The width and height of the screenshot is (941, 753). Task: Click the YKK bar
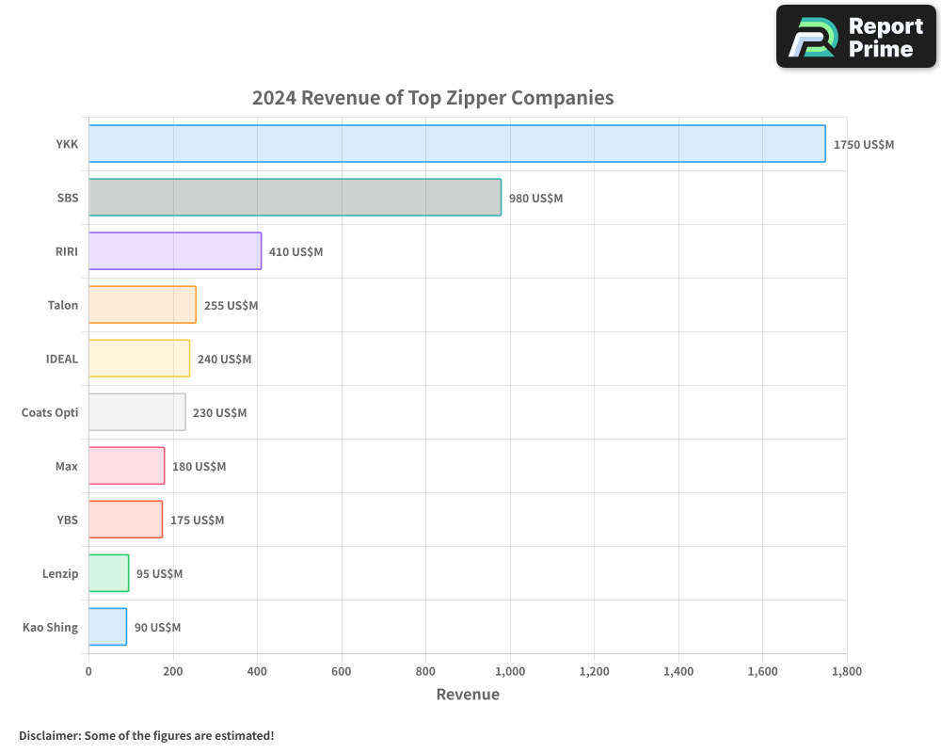point(456,144)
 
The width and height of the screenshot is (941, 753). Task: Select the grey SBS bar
point(295,198)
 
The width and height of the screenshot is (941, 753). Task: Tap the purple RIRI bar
point(175,251)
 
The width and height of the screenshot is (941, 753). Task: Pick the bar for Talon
point(142,305)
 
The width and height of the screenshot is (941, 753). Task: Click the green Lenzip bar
point(109,573)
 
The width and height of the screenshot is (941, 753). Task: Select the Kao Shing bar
point(107,627)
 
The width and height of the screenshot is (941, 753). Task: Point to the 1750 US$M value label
point(864,145)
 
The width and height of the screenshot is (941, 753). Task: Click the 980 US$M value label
point(535,199)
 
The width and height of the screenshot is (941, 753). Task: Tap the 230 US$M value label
point(219,412)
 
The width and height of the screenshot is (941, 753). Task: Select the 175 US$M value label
point(197,520)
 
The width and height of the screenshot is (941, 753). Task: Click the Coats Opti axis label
point(50,412)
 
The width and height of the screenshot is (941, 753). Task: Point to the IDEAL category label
point(62,359)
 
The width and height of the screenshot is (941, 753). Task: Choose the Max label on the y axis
point(67,466)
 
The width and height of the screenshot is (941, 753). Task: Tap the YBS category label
point(68,520)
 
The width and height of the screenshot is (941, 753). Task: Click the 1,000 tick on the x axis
point(510,671)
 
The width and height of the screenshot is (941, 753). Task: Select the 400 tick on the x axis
point(257,671)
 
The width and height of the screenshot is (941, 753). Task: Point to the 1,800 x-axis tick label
point(846,671)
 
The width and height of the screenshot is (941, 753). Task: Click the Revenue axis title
point(468,695)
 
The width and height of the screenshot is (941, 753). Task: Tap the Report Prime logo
point(855,37)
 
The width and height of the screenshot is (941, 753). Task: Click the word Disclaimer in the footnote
point(48,735)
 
